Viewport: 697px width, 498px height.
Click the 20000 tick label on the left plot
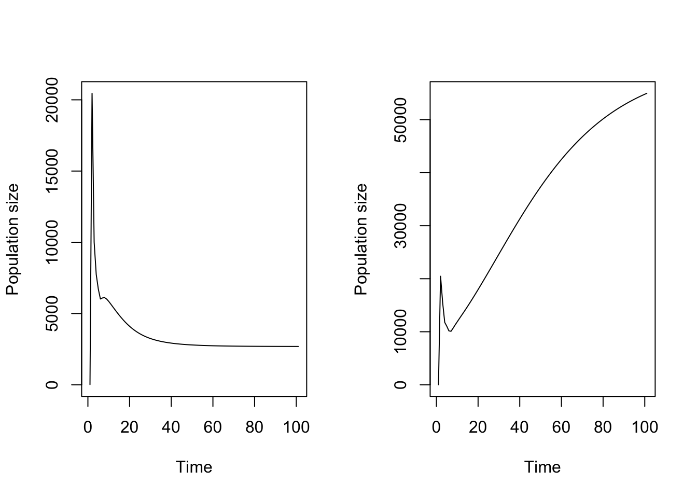[x=52, y=100]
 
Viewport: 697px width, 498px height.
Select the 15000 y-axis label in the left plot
[x=52, y=171]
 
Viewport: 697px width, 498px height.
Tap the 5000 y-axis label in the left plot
[x=52, y=313]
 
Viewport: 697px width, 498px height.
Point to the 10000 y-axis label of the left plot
[x=52, y=242]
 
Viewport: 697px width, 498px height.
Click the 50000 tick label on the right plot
[x=401, y=120]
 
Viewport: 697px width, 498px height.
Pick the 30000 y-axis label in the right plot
[x=401, y=226]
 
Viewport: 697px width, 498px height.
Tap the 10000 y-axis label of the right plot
[x=401, y=331]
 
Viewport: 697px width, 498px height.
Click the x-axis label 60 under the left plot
[x=213, y=427]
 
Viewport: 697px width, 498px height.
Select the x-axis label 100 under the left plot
[x=296, y=427]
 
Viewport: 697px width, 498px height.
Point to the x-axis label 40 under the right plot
[x=520, y=427]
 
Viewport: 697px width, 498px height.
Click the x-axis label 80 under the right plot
[x=603, y=427]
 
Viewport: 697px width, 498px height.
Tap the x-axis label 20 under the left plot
[x=130, y=427]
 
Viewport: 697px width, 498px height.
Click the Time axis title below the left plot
[x=194, y=467]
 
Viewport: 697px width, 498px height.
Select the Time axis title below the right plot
[x=542, y=467]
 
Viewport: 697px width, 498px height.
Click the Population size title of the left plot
[x=12, y=239]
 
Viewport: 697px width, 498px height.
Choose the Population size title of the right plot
[x=361, y=239]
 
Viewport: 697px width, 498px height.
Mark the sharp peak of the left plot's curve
[x=92, y=94]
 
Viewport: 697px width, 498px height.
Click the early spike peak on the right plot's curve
[x=441, y=276]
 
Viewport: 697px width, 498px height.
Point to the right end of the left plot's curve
[x=298, y=347]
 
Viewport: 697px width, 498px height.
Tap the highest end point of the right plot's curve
[x=647, y=93]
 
